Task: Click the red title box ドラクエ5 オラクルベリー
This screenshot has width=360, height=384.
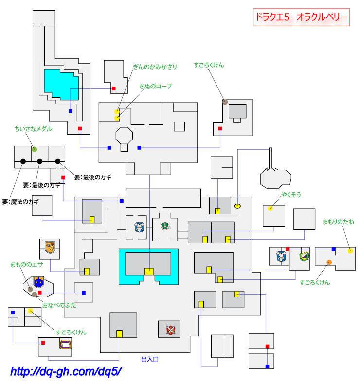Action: pos(301,17)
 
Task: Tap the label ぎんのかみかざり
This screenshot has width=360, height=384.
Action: pos(155,67)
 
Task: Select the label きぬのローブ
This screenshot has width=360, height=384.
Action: pos(156,86)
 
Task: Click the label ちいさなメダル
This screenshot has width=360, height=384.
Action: pos(34,129)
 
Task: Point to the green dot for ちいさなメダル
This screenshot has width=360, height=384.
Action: pos(34,149)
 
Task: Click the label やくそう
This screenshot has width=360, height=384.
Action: pos(291,195)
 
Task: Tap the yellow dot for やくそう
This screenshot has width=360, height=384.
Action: pos(270,209)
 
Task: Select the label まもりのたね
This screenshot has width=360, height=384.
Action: pos(338,222)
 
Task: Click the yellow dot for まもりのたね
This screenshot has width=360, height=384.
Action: pos(350,251)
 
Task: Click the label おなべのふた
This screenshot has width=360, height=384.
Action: pos(59,306)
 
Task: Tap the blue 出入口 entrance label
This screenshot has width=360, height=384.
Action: pos(150,359)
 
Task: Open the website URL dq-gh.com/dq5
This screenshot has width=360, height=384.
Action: pos(66,372)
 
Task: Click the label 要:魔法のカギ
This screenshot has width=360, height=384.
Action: pos(20,201)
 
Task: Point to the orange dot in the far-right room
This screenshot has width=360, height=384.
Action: pos(329,262)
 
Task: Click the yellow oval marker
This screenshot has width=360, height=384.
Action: pos(238,206)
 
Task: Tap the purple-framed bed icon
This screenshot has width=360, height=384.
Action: pos(66,345)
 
